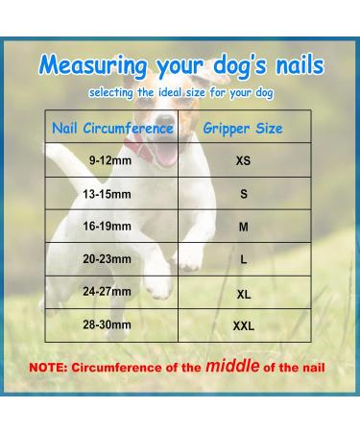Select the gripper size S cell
[x=243, y=194]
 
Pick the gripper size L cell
[x=243, y=260]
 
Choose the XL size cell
[x=243, y=293]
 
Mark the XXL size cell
[x=243, y=325]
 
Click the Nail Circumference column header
[x=112, y=127]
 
